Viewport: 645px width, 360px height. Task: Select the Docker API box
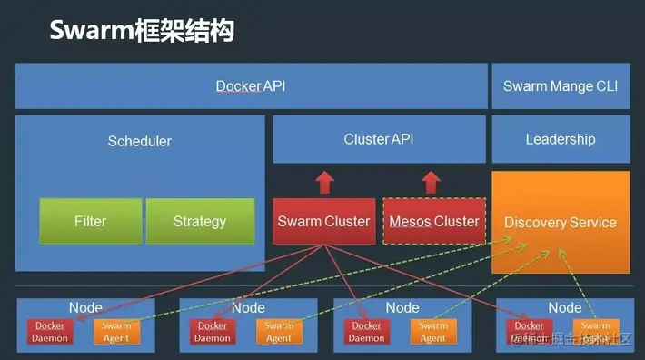[x=250, y=86]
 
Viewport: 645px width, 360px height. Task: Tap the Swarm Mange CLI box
[x=561, y=86]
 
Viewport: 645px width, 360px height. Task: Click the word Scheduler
[x=139, y=141]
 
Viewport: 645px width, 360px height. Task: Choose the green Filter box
[x=90, y=221]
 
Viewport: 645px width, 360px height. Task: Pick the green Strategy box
[x=200, y=221]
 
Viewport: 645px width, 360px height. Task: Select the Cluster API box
[x=379, y=139]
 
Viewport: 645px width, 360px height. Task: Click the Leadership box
[x=561, y=139]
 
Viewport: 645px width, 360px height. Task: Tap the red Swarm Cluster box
[x=323, y=221]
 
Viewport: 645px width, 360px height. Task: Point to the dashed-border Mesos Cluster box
[x=433, y=221]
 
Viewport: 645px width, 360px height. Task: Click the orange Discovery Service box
[x=561, y=222]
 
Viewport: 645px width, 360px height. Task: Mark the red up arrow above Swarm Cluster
[x=324, y=182]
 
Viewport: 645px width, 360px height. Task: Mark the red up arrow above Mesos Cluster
[x=433, y=182]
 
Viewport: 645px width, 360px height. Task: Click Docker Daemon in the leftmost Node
[x=50, y=332]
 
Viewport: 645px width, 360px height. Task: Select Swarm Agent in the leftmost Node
[x=116, y=332]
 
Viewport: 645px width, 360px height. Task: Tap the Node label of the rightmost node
[x=564, y=308]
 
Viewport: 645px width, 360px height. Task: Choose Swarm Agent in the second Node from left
[x=279, y=332]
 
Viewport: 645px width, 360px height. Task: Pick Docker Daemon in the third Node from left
[x=367, y=332]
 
